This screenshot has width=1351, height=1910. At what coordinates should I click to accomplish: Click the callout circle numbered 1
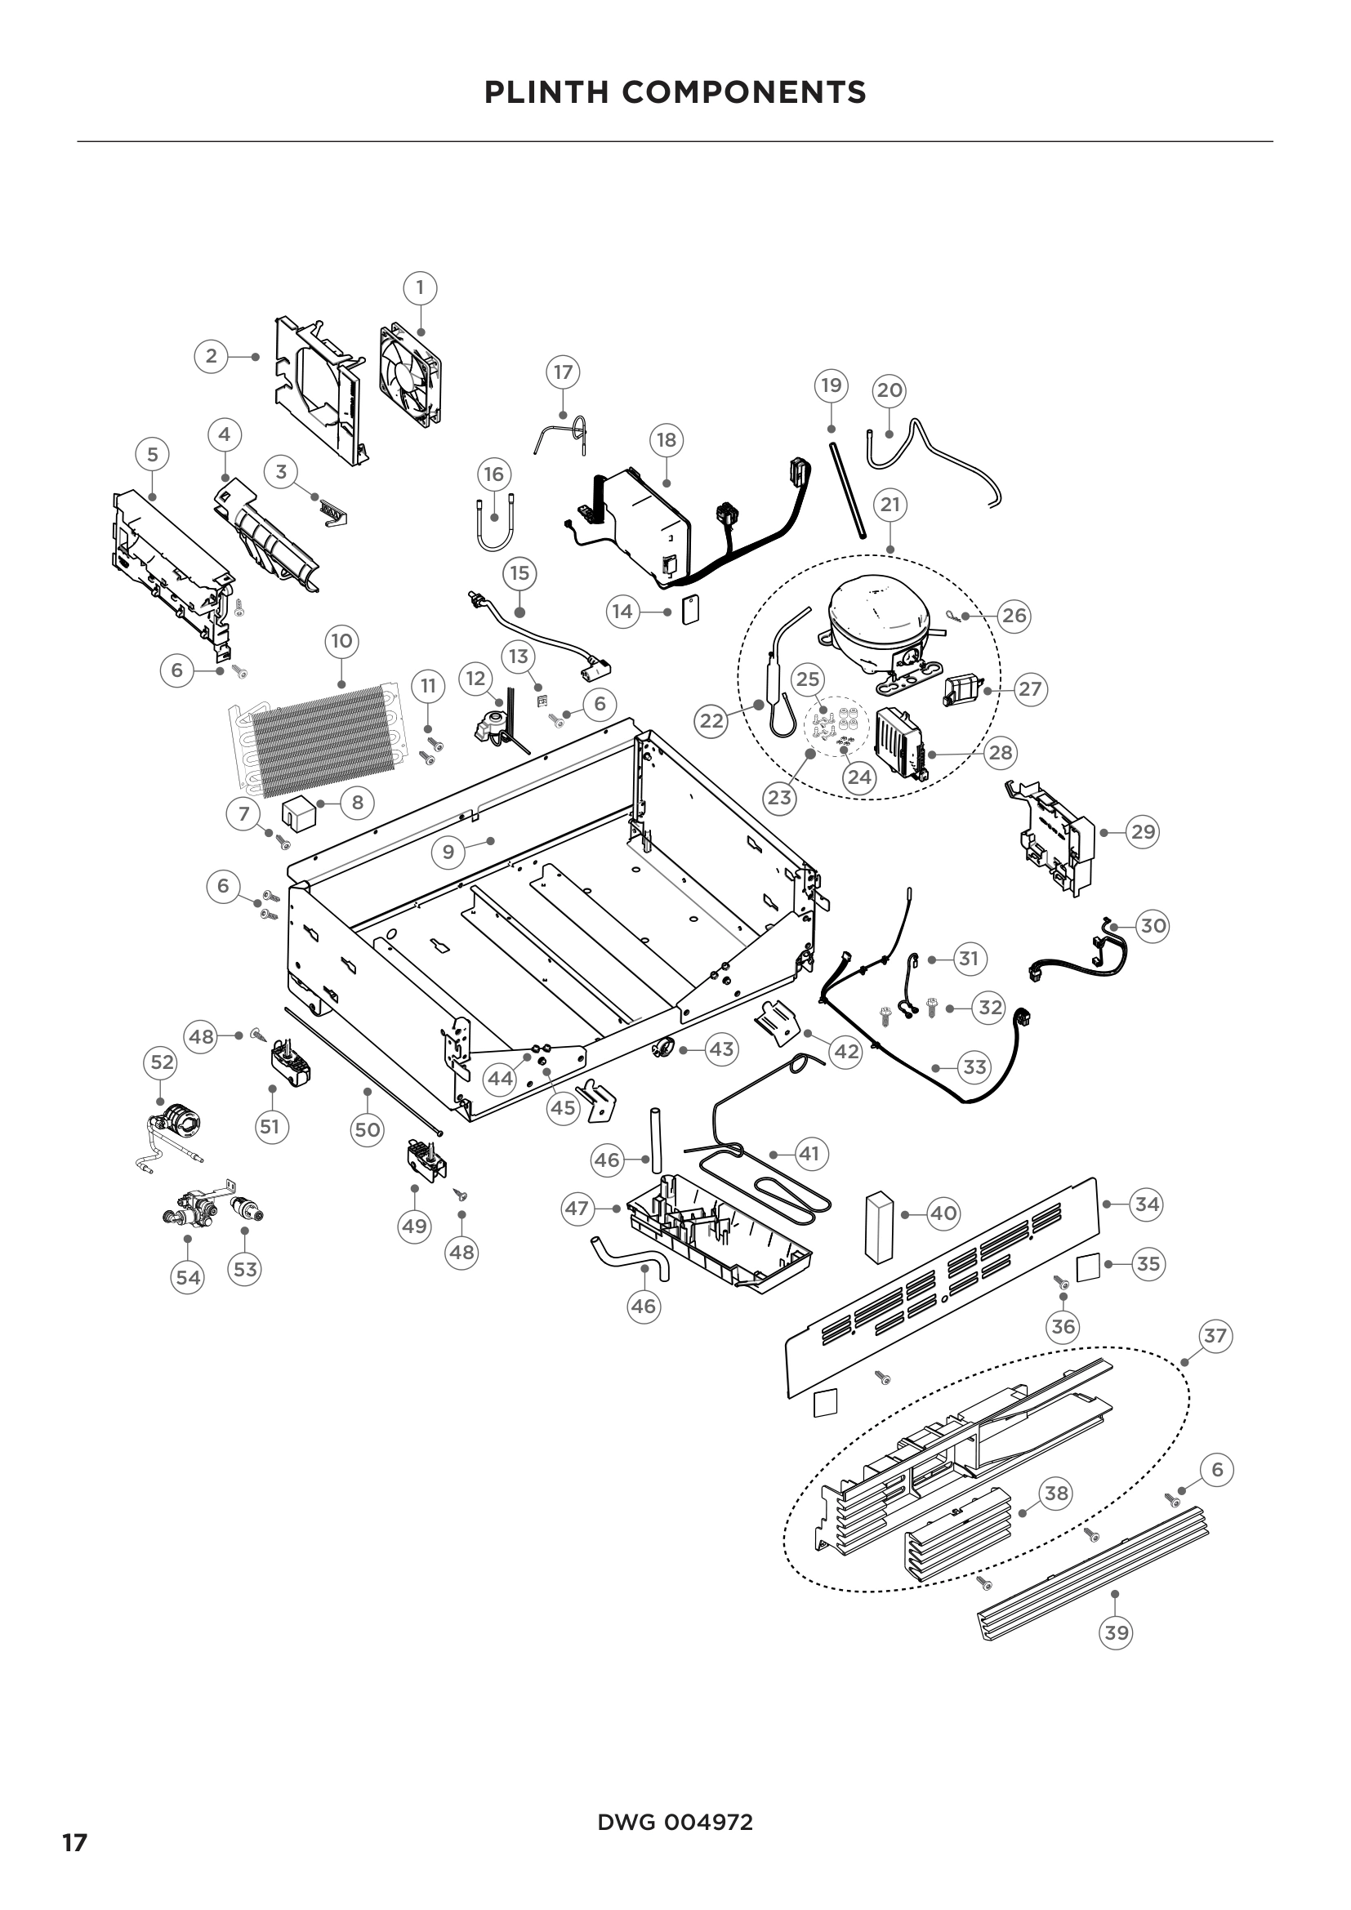click(x=420, y=287)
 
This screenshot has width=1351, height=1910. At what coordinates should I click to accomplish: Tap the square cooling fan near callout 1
click(x=410, y=375)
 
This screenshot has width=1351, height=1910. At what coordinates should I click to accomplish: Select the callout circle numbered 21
click(x=890, y=505)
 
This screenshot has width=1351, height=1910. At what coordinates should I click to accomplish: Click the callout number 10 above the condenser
click(x=342, y=641)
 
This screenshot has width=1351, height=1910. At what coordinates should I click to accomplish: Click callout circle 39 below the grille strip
click(x=1116, y=1632)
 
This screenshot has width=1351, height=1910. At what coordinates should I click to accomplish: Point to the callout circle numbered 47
click(x=577, y=1208)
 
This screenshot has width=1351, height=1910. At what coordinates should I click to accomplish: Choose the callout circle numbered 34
click(x=1146, y=1204)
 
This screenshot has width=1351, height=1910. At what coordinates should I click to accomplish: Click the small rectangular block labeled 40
click(x=876, y=1224)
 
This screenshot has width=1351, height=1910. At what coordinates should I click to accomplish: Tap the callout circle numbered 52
click(x=163, y=1062)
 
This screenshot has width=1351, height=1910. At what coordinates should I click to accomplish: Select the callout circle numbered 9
click(x=448, y=852)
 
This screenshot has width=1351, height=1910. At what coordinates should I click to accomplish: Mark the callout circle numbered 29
click(x=1143, y=832)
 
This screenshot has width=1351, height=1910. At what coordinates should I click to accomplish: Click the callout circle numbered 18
click(x=667, y=439)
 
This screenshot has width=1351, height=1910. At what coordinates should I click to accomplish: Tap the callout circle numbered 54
click(x=187, y=1277)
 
